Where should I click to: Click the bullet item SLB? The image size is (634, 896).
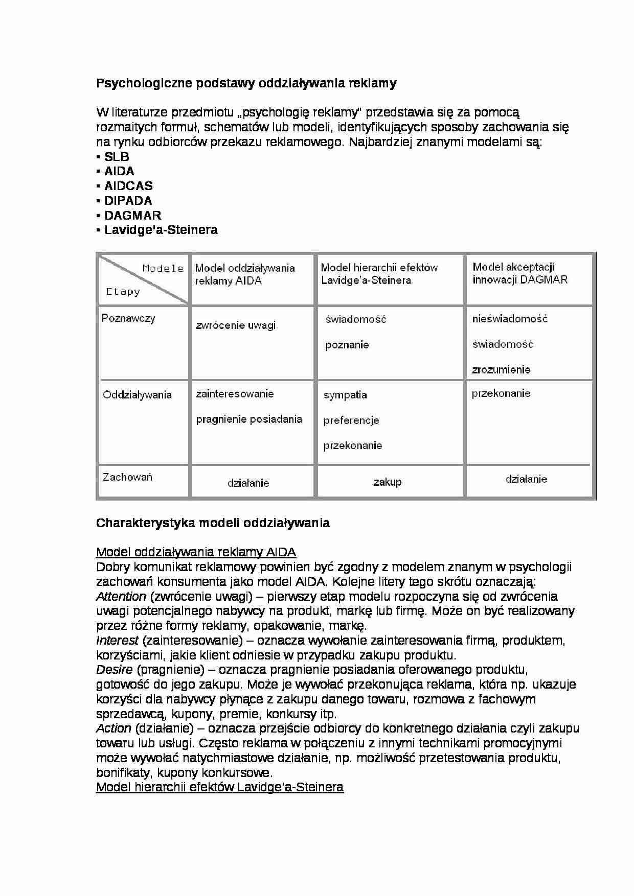pos(117,157)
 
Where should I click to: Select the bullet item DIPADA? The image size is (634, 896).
pos(128,201)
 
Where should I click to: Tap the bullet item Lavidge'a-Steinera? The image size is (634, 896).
pos(161,230)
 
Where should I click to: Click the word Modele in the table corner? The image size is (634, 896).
pos(163,268)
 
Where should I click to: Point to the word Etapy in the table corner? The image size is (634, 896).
pos(123,292)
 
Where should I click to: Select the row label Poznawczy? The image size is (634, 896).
pos(128,318)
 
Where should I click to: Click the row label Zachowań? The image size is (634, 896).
pos(127,477)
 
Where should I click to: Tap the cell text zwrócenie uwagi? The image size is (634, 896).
pos(236,325)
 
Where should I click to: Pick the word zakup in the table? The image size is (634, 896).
pos(387,482)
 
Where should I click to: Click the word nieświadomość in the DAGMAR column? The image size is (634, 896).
pos(510,319)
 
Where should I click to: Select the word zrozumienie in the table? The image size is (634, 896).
pos(501,369)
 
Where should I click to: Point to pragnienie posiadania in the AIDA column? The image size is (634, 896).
pos(249,419)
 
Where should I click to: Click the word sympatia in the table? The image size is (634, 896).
pos(345,395)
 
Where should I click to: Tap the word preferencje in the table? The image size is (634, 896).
pos(351,420)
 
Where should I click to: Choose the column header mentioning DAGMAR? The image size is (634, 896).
pos(519,273)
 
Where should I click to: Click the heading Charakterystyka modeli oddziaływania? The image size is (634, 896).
pos(213,523)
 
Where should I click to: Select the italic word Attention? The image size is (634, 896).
pos(121,596)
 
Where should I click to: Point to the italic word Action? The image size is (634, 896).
pos(114,728)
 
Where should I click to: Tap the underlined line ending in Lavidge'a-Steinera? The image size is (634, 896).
pos(220,787)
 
